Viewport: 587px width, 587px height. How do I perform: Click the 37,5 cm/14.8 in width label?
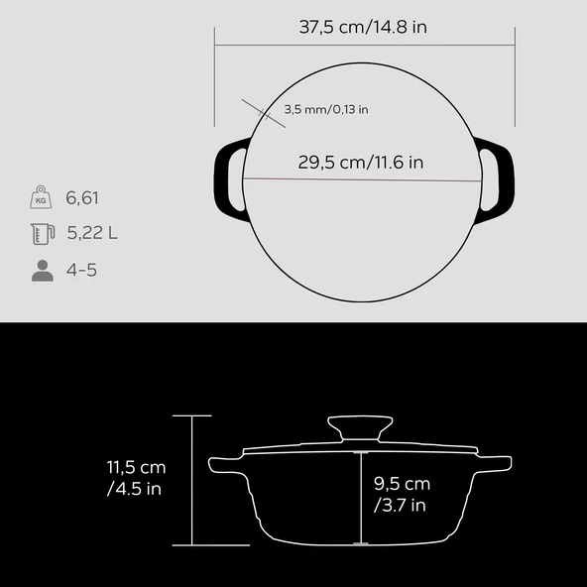(363, 27)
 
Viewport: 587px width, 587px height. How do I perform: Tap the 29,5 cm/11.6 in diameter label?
(362, 162)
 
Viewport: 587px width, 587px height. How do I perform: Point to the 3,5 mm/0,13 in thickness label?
(326, 110)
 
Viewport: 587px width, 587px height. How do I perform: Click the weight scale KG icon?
(41, 197)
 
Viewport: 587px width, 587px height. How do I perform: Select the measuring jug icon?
(41, 234)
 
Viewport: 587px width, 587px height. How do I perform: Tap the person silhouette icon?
(42, 270)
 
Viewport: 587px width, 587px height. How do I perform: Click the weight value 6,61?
(83, 198)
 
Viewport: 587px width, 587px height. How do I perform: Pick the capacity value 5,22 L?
(92, 234)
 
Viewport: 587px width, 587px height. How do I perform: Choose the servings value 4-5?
(82, 270)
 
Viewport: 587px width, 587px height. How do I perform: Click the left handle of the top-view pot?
(230, 179)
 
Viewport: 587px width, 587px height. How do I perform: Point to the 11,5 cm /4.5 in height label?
(137, 478)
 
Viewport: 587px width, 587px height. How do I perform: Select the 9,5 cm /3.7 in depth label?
(402, 494)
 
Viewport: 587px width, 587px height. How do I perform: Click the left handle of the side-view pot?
(223, 463)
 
